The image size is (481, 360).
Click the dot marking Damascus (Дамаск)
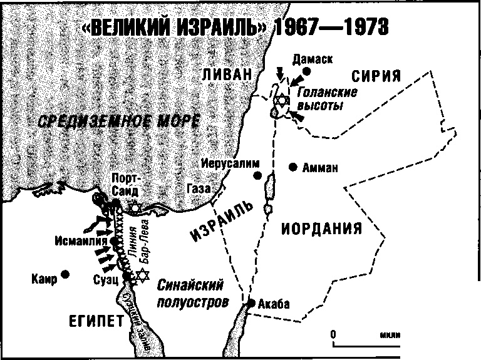pos(306,72)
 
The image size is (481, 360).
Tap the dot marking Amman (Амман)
pos(292,167)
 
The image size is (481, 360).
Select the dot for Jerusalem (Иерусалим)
pos(257,176)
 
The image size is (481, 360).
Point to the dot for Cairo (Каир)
pos(65,274)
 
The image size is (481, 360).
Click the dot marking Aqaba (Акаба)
pos(251,303)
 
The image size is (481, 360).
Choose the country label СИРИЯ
pos(376,76)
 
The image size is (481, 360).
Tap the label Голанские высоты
pos(326,99)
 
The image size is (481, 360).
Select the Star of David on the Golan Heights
pos(282,101)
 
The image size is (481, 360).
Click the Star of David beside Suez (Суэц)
pos(143,275)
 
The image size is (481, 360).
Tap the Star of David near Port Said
pos(133,208)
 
